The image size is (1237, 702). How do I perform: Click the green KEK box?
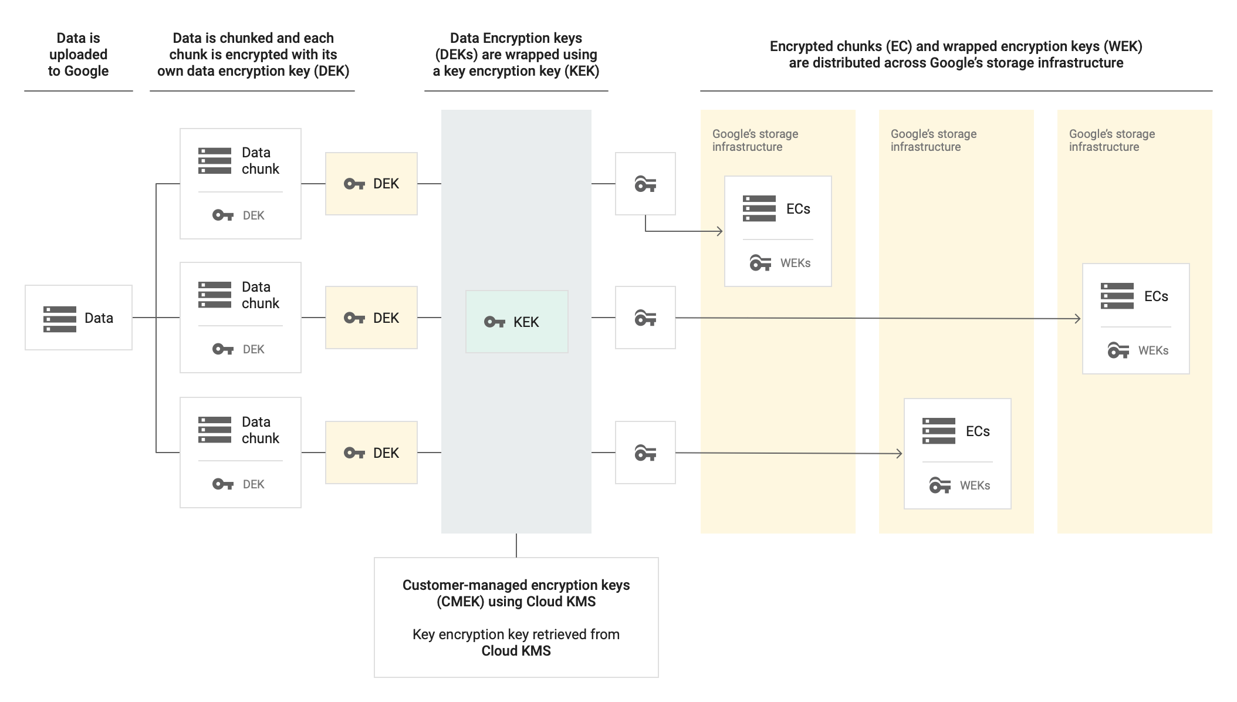tap(516, 322)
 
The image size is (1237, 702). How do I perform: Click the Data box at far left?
tap(78, 318)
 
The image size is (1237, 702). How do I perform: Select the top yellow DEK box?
tap(371, 184)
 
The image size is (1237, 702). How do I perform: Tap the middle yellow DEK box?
tap(371, 318)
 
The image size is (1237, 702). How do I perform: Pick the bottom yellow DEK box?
tap(371, 453)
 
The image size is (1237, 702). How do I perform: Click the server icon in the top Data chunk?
tap(215, 161)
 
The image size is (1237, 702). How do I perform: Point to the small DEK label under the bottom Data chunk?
tap(254, 484)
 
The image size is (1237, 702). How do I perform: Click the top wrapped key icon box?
tap(645, 184)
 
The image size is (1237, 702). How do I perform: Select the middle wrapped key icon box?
tap(645, 318)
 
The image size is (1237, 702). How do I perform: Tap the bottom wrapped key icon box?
tap(645, 453)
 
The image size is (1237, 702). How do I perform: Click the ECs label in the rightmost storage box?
tap(1156, 296)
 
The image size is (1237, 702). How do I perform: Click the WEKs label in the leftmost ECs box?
tap(795, 263)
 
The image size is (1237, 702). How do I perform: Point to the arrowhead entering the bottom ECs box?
tap(900, 453)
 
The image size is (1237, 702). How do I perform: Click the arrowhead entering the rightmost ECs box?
tap(1078, 319)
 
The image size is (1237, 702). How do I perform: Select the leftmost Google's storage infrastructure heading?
tap(755, 140)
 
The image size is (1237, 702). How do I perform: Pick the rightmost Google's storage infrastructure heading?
tap(1111, 140)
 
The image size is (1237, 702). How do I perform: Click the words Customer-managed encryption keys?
tap(516, 585)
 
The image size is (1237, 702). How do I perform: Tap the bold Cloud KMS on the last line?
tap(516, 651)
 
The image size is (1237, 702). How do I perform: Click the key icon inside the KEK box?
tap(494, 322)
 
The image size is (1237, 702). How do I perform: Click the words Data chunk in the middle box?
tap(260, 295)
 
